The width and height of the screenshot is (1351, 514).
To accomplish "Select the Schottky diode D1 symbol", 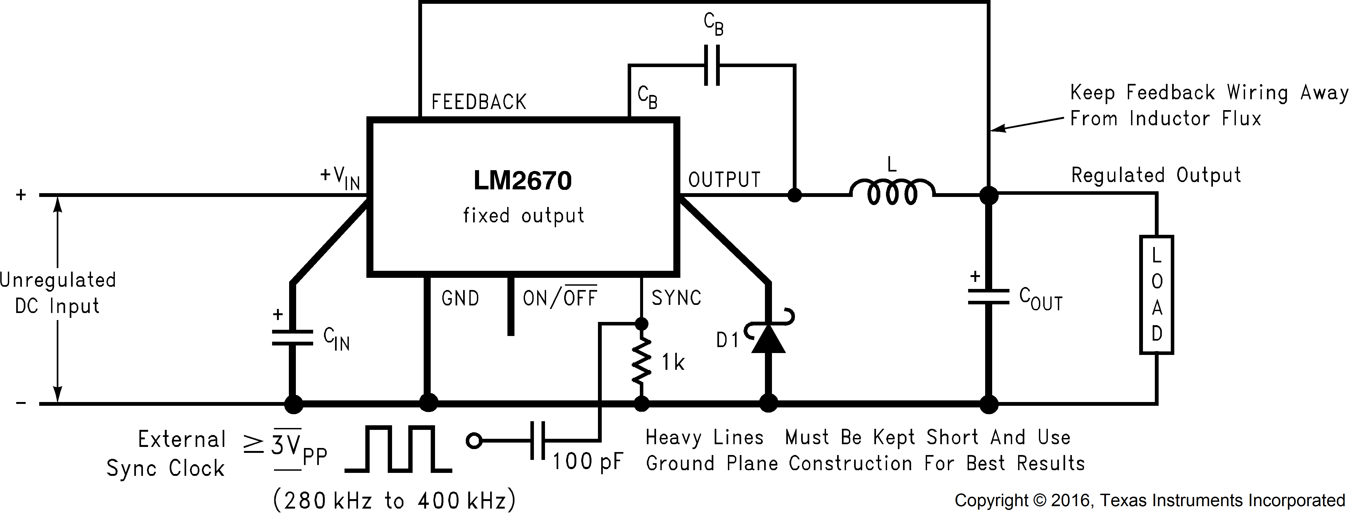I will pos(768,338).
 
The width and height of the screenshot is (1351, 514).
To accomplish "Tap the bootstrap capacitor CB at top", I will pos(712,65).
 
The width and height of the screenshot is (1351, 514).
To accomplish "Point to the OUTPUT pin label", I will pos(724,180).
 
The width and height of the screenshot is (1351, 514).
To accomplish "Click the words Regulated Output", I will pos(1155,175).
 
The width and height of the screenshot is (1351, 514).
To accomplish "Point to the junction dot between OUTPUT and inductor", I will pos(795,195).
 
